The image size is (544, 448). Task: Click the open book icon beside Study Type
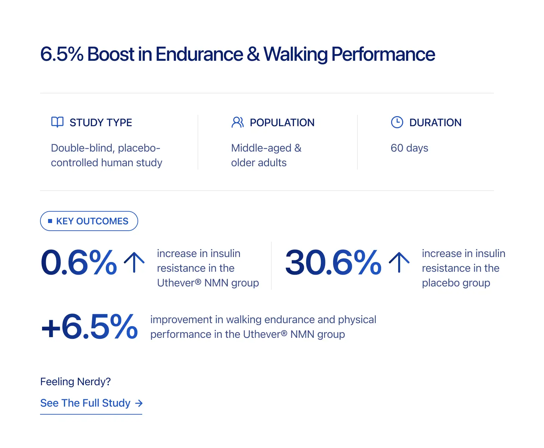point(57,122)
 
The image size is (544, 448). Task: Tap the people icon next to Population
point(237,122)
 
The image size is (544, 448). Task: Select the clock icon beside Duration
point(397,122)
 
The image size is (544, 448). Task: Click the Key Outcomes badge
point(89,221)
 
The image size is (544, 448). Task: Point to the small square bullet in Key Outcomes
point(50,221)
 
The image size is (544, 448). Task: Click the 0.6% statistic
point(79,263)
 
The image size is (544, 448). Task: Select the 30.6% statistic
point(333,263)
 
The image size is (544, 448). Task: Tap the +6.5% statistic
point(89,327)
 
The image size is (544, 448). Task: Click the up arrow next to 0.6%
point(134,262)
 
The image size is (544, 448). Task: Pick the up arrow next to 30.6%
point(399,262)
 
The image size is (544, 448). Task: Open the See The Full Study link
point(85,403)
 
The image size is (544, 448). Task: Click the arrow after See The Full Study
point(139,403)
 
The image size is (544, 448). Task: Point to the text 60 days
point(409,148)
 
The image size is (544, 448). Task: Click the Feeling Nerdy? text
point(75,382)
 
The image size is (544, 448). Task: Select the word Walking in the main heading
point(296,54)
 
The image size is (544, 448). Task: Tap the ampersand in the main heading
point(253,54)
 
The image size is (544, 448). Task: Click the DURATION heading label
point(435,123)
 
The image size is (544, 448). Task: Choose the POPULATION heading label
point(282,123)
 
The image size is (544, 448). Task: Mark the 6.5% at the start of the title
point(62,54)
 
